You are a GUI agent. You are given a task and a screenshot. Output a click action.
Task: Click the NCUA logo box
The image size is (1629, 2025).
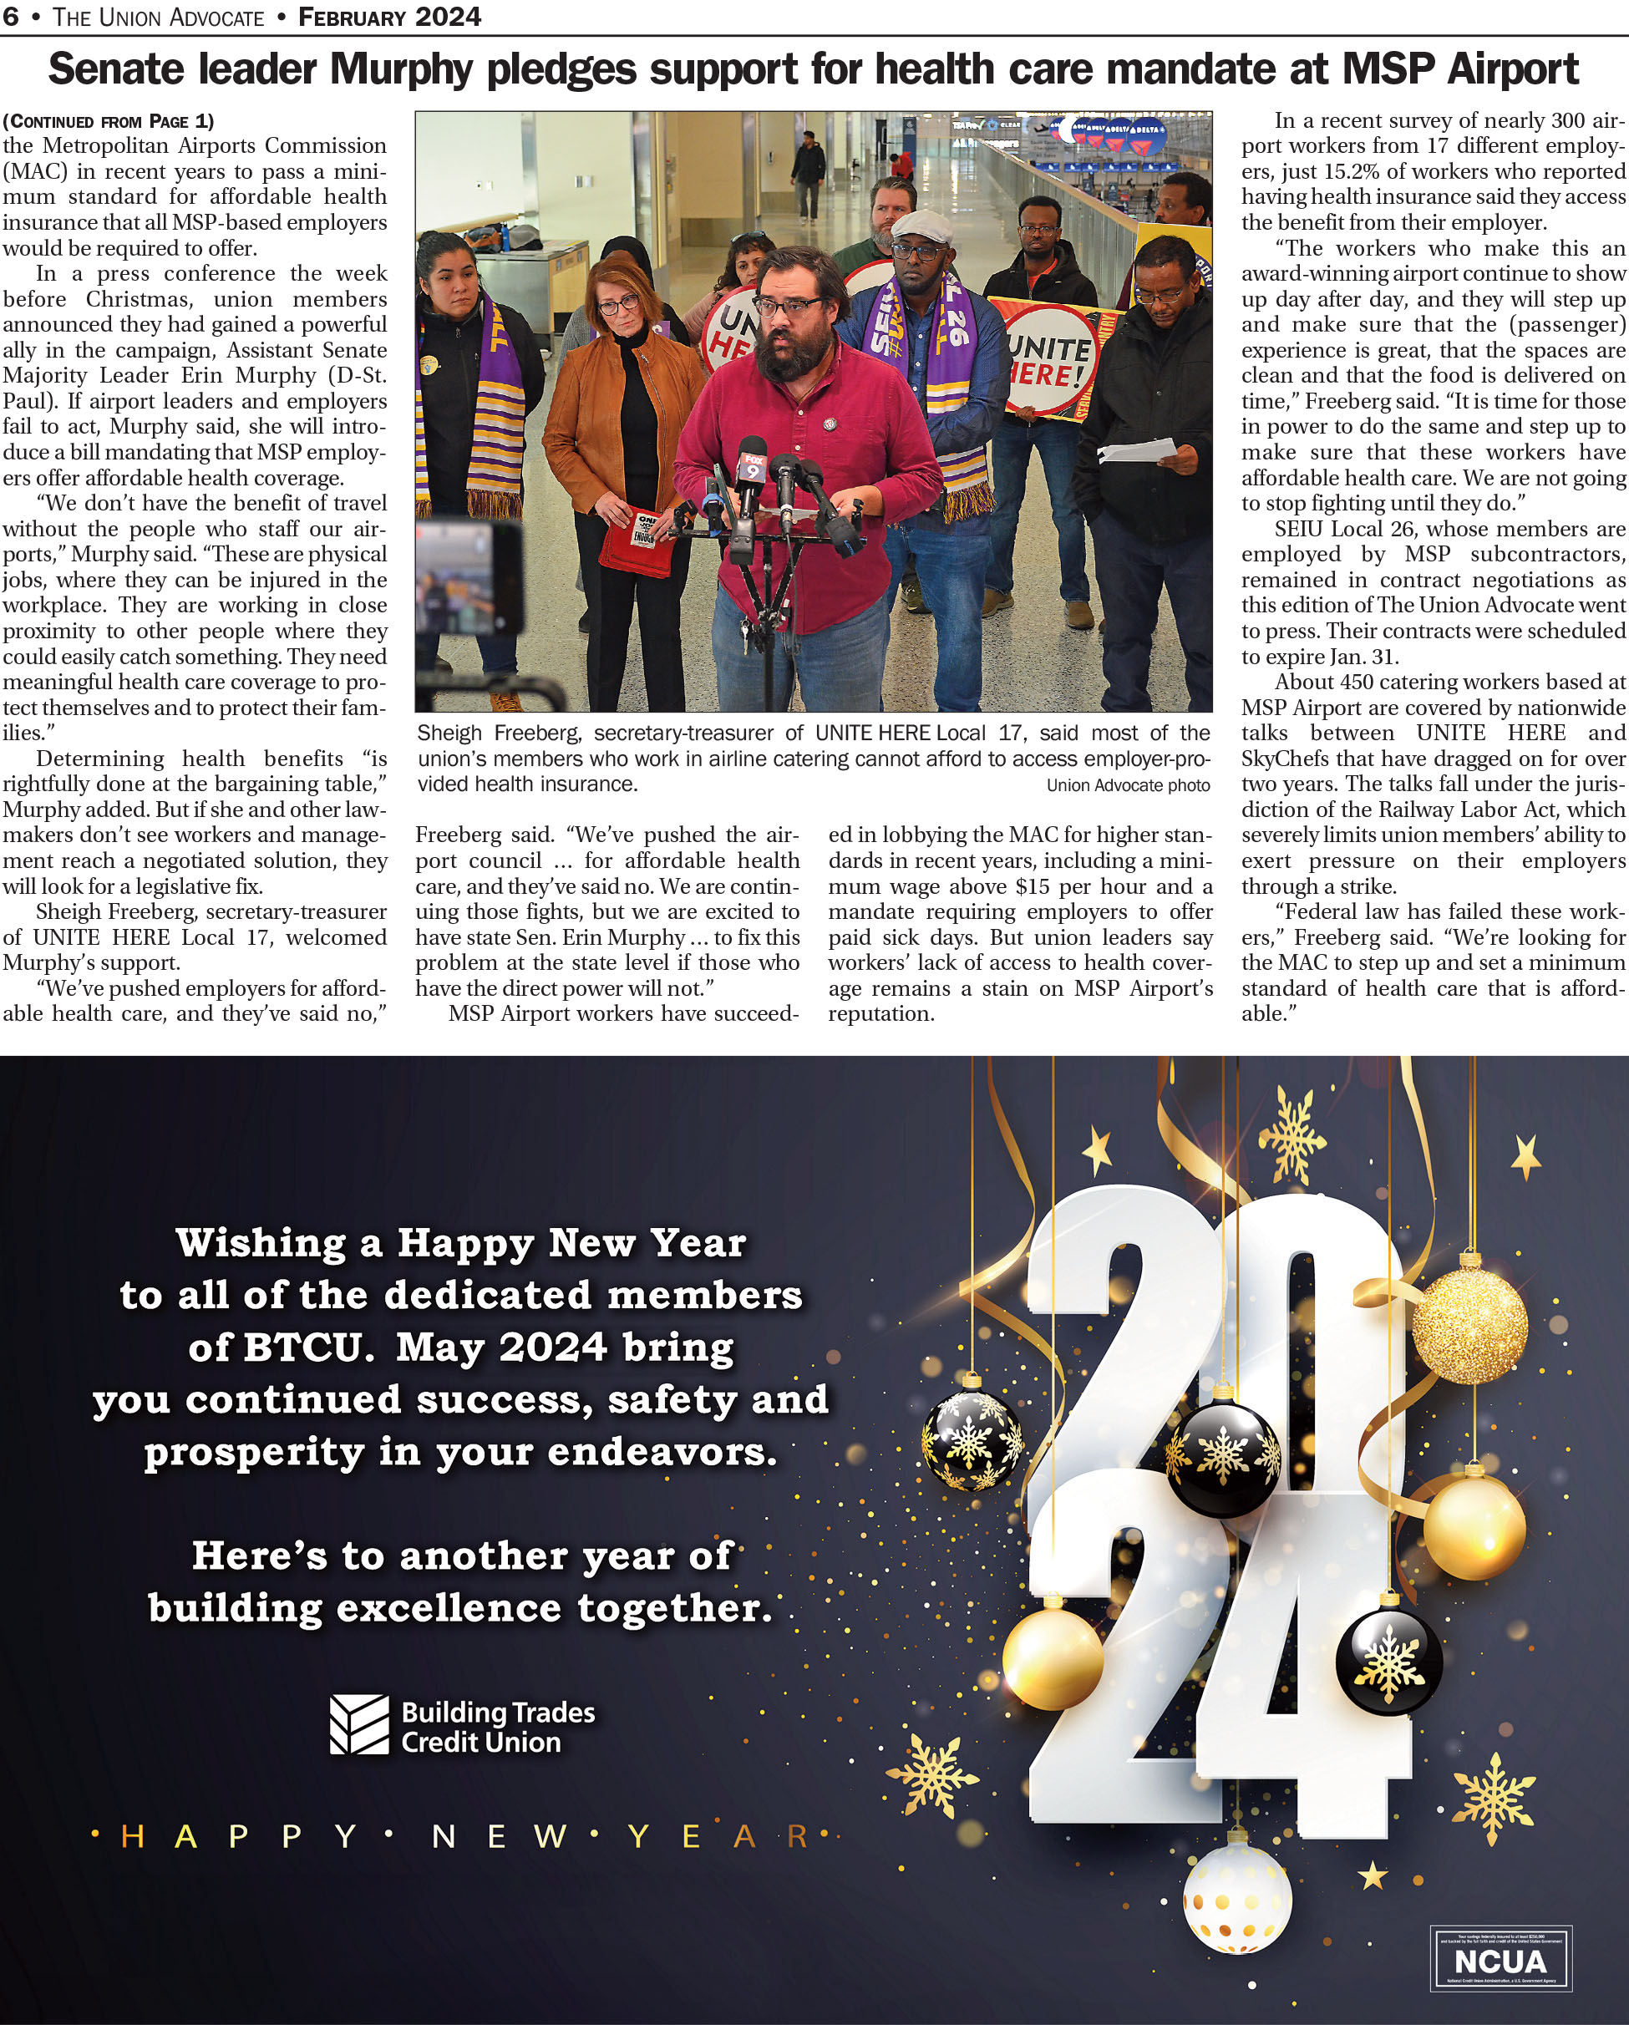(x=1500, y=1959)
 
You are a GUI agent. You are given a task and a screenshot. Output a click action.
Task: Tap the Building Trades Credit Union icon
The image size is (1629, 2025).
(x=359, y=1724)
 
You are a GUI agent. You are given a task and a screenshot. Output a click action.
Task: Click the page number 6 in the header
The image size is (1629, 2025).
(x=10, y=17)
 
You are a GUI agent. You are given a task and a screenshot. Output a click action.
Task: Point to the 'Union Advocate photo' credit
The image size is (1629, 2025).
(x=1127, y=785)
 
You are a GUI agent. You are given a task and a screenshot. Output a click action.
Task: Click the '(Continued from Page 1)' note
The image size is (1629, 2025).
(x=108, y=121)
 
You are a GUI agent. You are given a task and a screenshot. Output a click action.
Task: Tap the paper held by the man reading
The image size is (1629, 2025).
(x=1138, y=452)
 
